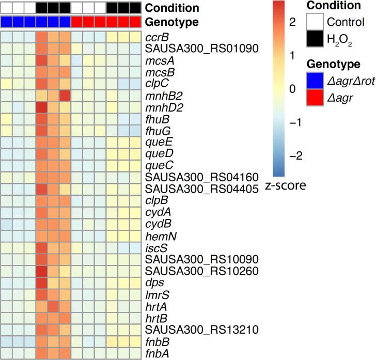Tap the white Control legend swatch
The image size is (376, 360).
pos(316,22)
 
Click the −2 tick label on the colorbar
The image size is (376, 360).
pos(292,156)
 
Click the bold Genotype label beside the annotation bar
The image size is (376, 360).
pos(171,22)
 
